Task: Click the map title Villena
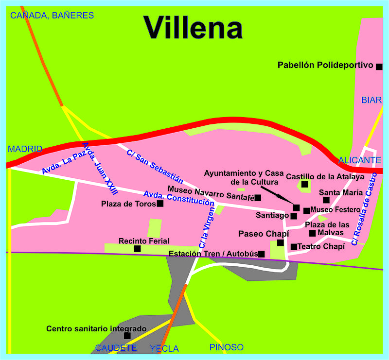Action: [194, 27]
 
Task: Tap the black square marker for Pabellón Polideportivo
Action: [379, 66]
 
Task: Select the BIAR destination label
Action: [371, 100]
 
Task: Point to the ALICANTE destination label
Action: [360, 160]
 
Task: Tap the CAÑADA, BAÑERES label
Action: [52, 16]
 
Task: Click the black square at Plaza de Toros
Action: [160, 204]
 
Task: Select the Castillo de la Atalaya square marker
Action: [304, 184]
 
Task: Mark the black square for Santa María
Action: [326, 200]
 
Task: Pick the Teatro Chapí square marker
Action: [294, 247]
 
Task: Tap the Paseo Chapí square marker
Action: [281, 242]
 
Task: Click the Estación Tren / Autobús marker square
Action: [262, 254]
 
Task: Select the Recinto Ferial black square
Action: [138, 249]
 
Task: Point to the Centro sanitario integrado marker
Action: [127, 336]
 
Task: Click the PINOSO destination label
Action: [226, 347]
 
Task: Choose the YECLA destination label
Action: [164, 348]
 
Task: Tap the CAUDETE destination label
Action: [116, 348]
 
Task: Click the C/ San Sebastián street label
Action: [151, 165]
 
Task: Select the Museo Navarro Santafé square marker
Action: [258, 197]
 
